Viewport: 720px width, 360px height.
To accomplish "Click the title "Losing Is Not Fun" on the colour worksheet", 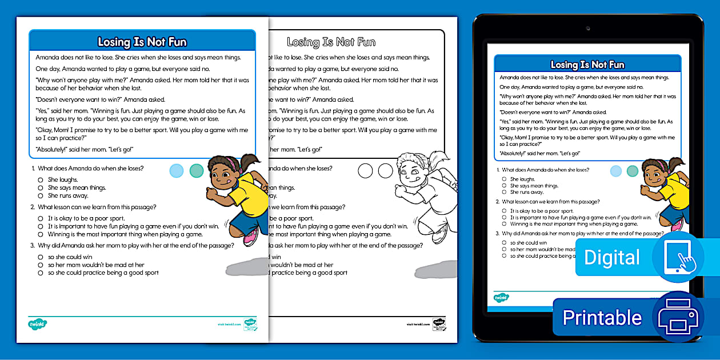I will coord(142,42).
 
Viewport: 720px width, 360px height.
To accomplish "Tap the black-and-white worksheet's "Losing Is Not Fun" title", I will coord(331,42).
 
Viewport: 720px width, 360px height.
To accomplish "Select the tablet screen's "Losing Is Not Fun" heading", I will coord(587,65).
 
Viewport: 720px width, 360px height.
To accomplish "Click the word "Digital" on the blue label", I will coord(612,258).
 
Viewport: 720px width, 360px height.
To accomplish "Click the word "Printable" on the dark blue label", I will coord(602,317).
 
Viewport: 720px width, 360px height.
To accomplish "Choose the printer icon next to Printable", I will coord(678,317).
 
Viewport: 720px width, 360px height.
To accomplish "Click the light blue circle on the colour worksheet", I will coord(177,170).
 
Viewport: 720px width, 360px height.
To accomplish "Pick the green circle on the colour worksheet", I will coord(197,170).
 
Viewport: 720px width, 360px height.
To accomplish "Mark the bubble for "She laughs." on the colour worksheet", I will coord(41,179).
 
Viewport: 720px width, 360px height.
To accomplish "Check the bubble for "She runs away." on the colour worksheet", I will coord(41,195).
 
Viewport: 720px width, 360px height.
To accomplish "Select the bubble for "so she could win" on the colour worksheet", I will coord(41,257).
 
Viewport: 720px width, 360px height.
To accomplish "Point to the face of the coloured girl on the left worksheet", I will coord(224,173).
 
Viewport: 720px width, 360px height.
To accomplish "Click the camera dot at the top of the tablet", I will coord(587,28).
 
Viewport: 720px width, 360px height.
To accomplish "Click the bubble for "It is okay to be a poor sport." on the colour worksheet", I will coord(41,218).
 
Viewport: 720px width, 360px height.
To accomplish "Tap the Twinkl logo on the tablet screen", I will coord(501,297).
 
